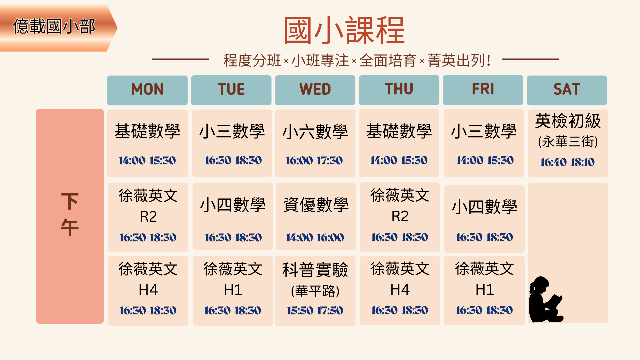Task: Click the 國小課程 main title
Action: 344,31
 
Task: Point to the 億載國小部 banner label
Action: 54,26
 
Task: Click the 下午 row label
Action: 70,215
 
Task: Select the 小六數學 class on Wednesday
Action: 315,132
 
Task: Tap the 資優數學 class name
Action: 316,205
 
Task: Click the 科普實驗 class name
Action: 315,270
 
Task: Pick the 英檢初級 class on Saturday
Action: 568,121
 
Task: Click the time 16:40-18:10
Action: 567,162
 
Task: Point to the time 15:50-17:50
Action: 315,311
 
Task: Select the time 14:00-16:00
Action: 315,237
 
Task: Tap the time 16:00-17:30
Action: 314,161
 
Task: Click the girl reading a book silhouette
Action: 545,299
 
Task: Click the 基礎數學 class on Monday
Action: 147,131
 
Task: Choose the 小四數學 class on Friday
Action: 484,207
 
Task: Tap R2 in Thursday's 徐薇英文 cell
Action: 400,216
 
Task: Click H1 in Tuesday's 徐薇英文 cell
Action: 233,290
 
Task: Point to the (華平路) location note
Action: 315,291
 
